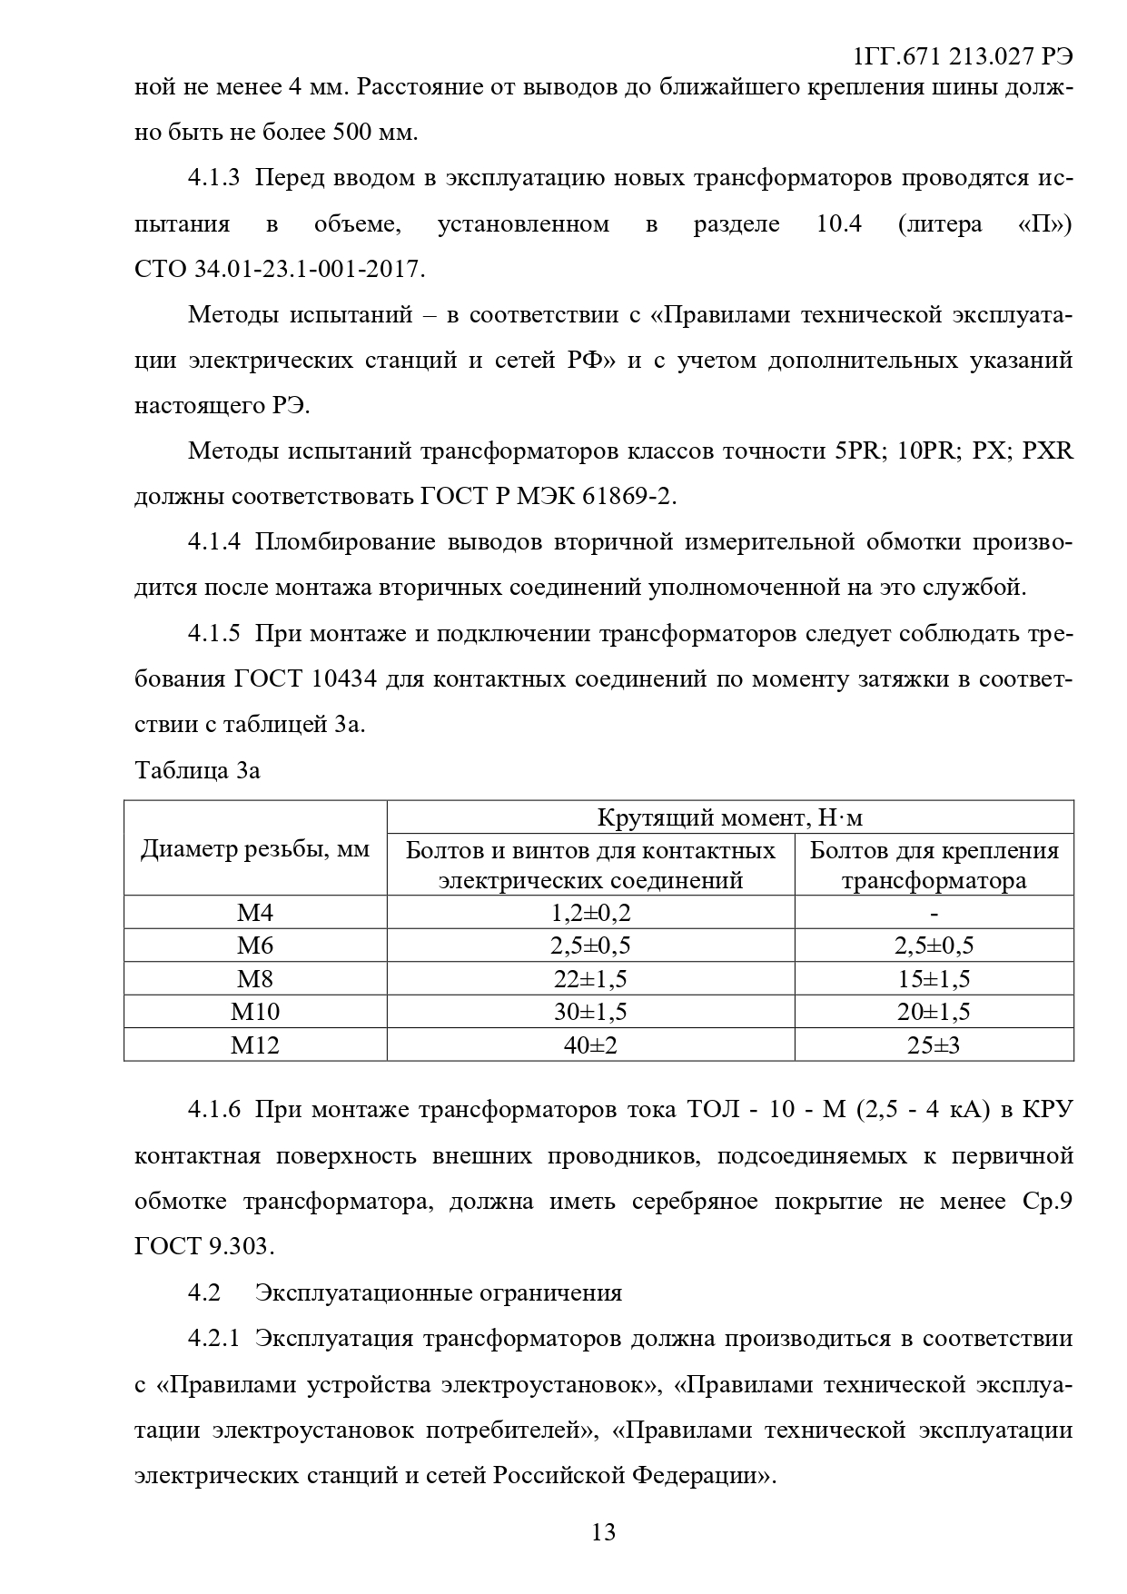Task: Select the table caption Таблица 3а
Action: (x=197, y=770)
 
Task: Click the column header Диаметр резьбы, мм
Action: (x=255, y=848)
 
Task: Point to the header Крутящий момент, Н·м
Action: (x=730, y=817)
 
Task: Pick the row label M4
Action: (x=255, y=913)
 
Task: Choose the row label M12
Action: (x=255, y=1045)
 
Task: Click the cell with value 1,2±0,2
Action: (x=590, y=913)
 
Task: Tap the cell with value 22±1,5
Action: (x=590, y=979)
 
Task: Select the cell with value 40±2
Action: (x=590, y=1045)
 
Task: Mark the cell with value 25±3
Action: (x=934, y=1045)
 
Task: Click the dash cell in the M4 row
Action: (x=934, y=913)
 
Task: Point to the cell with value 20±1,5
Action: (x=934, y=1012)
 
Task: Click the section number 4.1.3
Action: (x=213, y=178)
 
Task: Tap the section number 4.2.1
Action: (x=213, y=1338)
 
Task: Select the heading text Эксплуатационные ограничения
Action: (x=439, y=1292)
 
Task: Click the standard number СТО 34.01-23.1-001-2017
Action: (x=279, y=269)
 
